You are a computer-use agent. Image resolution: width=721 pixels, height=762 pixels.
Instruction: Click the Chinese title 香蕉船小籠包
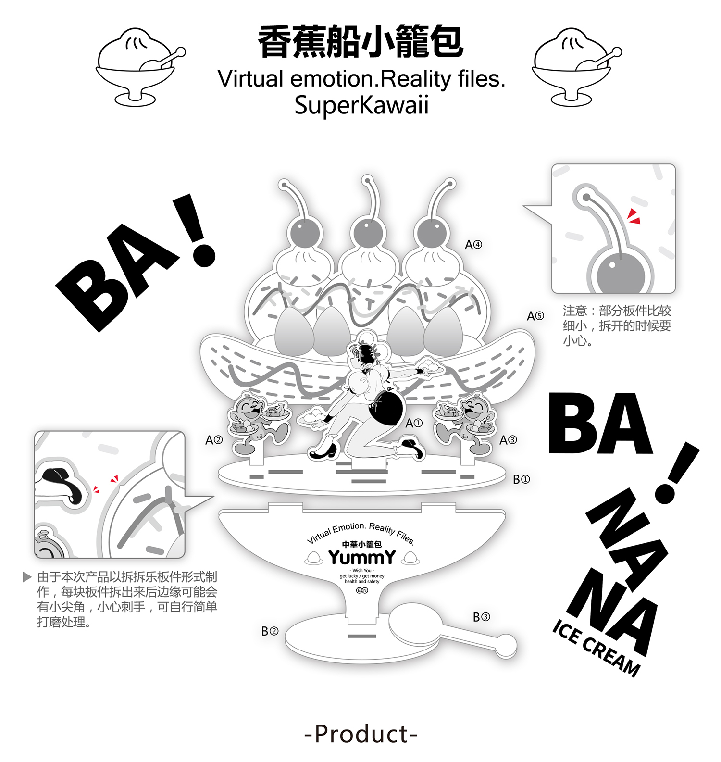[x=360, y=42]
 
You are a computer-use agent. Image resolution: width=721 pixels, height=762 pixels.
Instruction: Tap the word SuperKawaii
[x=361, y=105]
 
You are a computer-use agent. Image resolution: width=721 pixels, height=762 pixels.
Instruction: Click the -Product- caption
[x=361, y=734]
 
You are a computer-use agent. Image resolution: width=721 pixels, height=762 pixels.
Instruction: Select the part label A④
[x=473, y=245]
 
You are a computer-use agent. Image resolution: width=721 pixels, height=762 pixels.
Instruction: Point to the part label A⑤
[x=535, y=316]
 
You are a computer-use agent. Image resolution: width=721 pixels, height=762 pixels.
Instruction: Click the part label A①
[x=414, y=423]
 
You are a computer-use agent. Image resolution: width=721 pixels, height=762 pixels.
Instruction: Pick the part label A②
[x=214, y=440]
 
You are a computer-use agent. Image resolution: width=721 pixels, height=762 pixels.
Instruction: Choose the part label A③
[x=508, y=440]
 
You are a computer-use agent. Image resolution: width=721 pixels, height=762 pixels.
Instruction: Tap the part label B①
[x=522, y=479]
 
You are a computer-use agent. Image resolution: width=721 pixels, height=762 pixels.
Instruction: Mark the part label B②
[x=270, y=631]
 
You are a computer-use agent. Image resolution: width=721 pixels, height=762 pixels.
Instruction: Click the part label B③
[x=481, y=617]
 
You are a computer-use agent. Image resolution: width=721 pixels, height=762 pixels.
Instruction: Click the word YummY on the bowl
[x=362, y=558]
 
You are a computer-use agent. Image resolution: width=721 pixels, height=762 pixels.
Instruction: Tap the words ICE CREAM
[x=596, y=649]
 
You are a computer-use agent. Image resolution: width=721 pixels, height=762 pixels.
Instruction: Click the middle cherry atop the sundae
[x=368, y=233]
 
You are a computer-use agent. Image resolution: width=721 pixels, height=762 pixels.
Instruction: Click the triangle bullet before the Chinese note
[x=27, y=577]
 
